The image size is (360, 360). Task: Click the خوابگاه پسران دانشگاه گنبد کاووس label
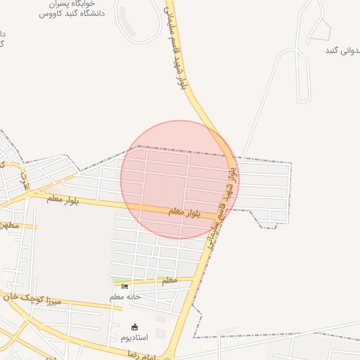71,8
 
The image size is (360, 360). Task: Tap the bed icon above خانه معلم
125,287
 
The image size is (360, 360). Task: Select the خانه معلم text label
125,297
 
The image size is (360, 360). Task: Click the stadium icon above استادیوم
135,327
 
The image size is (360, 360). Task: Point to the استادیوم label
135,337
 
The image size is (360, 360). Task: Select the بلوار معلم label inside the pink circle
184,211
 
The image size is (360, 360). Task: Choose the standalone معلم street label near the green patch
169,281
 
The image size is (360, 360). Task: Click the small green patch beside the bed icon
117,281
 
